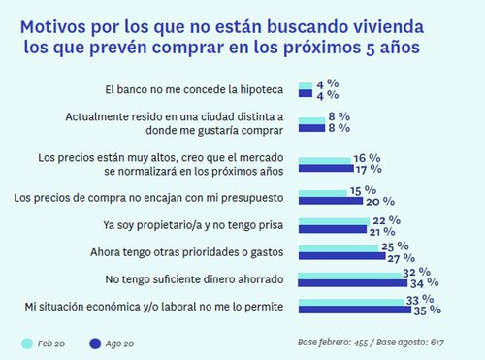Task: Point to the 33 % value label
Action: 421,300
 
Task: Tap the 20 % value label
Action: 379,202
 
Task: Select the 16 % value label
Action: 367,155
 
